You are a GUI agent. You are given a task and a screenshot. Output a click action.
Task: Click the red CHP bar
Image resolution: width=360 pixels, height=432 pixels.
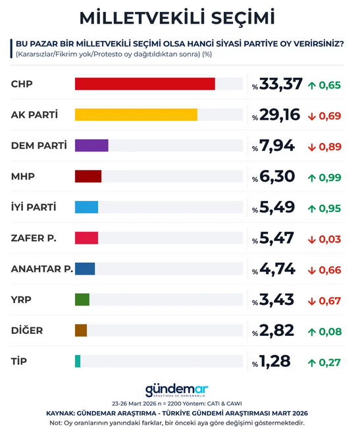tap(145, 84)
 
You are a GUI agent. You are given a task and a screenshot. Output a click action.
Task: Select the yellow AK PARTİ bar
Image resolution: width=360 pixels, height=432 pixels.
tap(136, 115)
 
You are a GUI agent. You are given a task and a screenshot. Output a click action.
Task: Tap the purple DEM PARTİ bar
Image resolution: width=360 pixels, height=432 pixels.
tap(91, 146)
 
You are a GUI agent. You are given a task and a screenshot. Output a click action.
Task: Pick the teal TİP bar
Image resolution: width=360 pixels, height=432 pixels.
tap(78, 361)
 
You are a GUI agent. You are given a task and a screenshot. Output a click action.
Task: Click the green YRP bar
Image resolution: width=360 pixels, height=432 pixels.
tap(82, 300)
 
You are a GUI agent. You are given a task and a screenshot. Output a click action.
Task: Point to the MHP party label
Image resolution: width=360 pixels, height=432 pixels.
tap(23, 176)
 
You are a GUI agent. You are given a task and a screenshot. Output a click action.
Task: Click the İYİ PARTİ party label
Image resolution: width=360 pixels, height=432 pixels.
tap(34, 207)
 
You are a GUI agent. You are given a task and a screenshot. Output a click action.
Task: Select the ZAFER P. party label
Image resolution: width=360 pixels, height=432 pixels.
tap(34, 238)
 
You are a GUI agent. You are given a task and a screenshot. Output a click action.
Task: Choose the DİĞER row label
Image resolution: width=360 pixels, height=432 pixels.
tap(28, 330)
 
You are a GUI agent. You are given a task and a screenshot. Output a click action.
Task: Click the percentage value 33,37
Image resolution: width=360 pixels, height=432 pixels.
tap(281, 84)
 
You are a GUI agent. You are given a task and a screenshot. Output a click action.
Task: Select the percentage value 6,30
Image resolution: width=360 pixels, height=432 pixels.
tap(277, 176)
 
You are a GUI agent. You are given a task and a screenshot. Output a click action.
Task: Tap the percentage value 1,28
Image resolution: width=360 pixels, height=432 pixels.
tap(276, 362)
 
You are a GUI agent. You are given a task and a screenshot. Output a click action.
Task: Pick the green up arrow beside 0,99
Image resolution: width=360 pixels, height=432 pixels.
tap(312, 177)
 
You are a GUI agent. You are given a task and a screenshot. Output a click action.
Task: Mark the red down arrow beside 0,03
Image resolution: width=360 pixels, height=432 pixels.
tap(312, 239)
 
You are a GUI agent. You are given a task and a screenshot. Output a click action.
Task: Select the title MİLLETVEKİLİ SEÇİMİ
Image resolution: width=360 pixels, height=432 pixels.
tap(178, 17)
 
